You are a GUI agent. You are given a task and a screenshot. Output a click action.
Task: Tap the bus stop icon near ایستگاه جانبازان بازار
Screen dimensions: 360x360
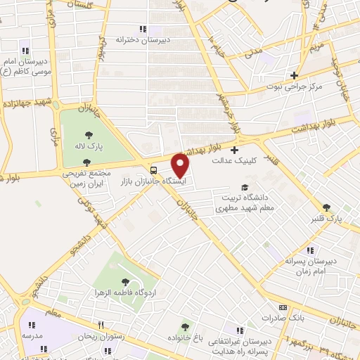tap(154, 169)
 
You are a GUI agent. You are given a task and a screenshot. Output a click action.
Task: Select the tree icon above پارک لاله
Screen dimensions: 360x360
tap(89, 136)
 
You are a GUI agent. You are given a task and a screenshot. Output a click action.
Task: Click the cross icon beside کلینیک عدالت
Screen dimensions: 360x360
tap(234, 148)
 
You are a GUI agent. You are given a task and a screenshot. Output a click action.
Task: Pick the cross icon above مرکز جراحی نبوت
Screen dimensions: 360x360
tap(294, 75)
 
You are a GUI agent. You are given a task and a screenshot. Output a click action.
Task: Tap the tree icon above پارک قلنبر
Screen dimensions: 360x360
tap(326, 207)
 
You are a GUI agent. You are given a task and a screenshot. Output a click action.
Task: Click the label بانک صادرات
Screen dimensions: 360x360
tap(282, 319)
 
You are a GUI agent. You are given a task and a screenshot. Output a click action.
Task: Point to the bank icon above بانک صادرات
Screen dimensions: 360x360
tap(283, 307)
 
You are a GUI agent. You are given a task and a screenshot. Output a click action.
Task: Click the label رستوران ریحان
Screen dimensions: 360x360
tap(103, 336)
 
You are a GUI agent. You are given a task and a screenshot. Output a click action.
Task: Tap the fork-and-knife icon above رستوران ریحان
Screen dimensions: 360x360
tap(102, 325)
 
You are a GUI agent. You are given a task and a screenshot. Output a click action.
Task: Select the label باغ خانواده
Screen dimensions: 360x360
tap(186, 337)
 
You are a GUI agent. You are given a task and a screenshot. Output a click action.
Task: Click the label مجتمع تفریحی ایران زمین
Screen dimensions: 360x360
tap(86, 177)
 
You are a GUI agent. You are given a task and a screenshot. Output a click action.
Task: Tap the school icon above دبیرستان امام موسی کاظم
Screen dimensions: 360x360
tap(26, 50)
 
